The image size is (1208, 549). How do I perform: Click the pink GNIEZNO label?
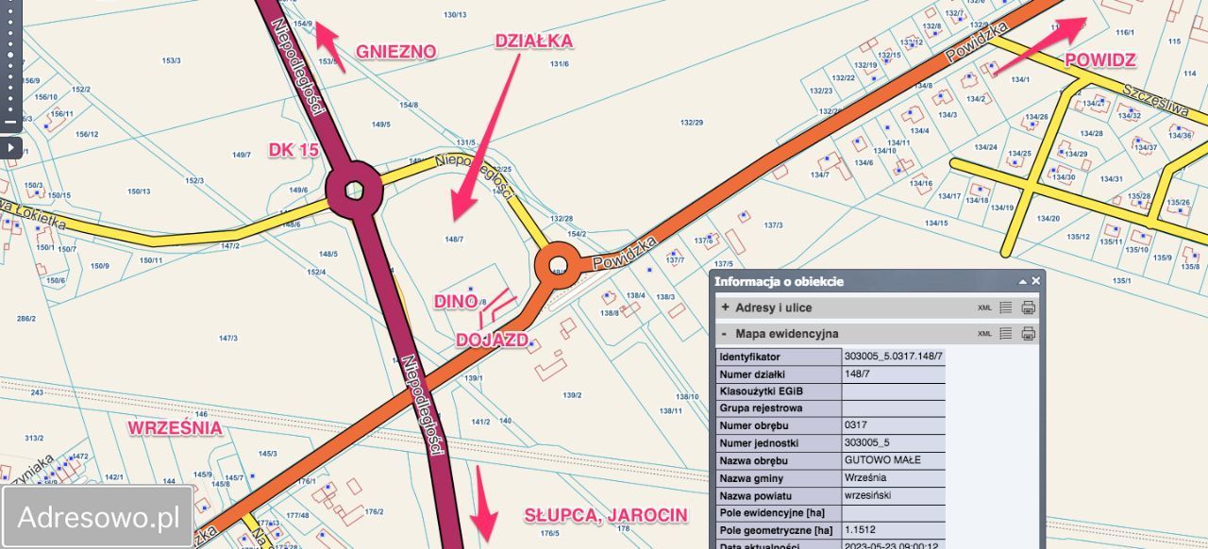pos(395,51)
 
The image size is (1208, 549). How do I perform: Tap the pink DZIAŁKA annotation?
pos(533,41)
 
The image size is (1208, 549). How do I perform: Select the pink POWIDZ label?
pos(1099,59)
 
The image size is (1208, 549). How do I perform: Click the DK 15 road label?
pos(294,149)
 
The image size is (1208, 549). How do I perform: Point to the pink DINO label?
pos(455,301)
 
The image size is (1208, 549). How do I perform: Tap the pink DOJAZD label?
pos(492,340)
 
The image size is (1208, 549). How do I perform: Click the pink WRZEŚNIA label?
pos(176,427)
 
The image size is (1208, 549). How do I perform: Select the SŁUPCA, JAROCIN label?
pos(606,515)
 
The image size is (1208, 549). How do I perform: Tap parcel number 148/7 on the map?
pos(454,240)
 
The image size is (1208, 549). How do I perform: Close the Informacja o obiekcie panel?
pos(1035,281)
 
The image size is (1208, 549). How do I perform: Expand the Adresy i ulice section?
pos(725,308)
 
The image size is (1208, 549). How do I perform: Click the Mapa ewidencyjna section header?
pos(786,333)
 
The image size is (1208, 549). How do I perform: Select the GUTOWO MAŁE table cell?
pos(893,460)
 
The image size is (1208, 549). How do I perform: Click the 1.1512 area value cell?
pos(893,529)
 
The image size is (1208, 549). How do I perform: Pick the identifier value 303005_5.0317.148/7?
pos(893,357)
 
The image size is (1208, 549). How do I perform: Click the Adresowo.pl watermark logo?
pos(98,517)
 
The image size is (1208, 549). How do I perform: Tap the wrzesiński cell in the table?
pos(893,495)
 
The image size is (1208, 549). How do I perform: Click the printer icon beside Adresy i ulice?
pos(1029,308)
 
